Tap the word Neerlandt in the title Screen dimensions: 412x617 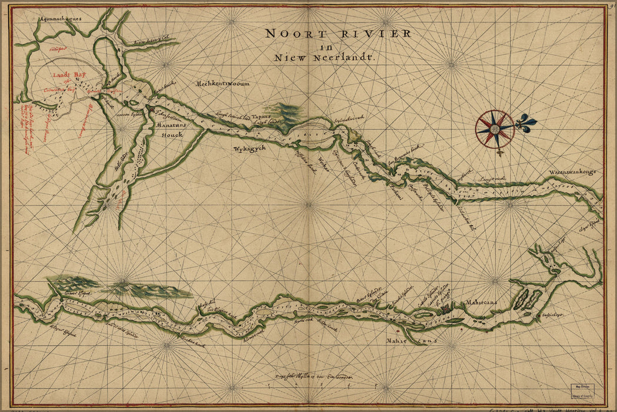(349, 58)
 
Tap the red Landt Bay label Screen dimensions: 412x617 (65, 75)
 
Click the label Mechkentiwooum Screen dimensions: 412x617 (223, 84)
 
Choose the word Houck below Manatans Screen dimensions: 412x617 (172, 135)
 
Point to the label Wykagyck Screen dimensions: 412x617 (249, 148)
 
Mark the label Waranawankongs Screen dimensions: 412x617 (573, 171)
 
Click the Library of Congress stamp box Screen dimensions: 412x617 (582, 393)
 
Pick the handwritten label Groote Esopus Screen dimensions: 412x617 (77, 293)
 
